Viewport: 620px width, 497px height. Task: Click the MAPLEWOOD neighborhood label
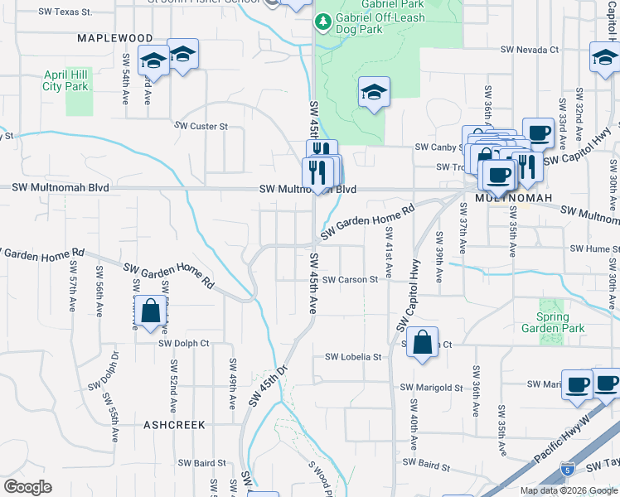115,38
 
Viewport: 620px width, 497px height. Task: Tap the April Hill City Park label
65,80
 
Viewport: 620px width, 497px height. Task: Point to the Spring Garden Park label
553,322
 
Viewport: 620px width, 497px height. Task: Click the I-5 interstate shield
567,468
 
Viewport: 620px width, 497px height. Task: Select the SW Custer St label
201,126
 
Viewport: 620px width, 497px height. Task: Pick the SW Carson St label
350,280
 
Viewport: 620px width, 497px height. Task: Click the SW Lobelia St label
352,357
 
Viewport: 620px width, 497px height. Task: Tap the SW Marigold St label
431,387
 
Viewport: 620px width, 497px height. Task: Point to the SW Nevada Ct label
529,50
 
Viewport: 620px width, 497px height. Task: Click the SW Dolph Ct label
183,343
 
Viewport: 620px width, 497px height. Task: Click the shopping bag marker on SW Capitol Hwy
422,342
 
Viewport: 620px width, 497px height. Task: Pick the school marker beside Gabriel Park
374,94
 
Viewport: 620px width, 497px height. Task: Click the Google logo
27,487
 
